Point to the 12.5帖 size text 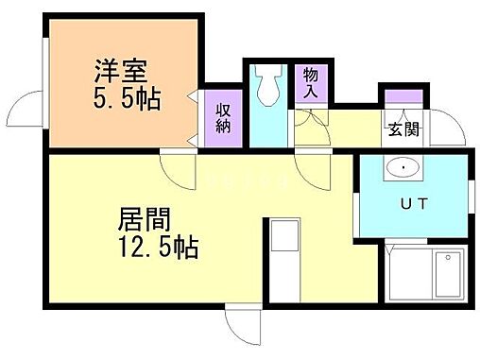(157, 249)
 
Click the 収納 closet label (224, 118)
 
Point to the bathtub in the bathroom (447, 275)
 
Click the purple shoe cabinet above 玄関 (402, 96)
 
